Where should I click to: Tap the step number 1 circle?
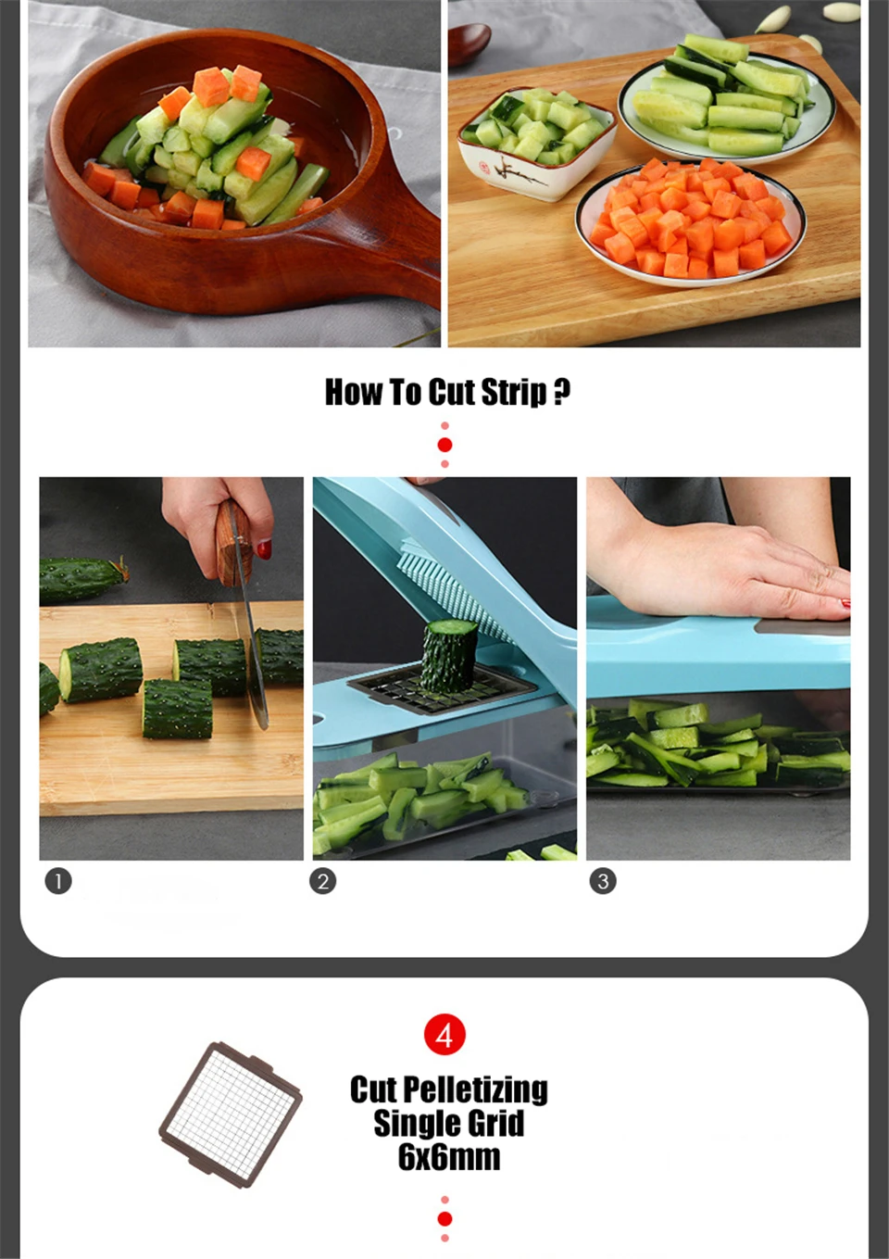click(58, 880)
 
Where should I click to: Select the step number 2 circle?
click(322, 881)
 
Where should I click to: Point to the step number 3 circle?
click(603, 881)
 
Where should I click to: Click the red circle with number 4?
click(444, 1034)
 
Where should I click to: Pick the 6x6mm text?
click(449, 1157)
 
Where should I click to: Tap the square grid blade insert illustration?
click(231, 1114)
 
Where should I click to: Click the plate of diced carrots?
click(691, 222)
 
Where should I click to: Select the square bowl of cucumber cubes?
click(537, 144)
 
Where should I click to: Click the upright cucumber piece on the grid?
click(449, 655)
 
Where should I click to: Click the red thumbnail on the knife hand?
click(264, 549)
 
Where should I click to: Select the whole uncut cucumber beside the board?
click(83, 579)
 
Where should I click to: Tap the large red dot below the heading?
click(445, 445)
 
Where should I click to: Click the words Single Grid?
click(448, 1123)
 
